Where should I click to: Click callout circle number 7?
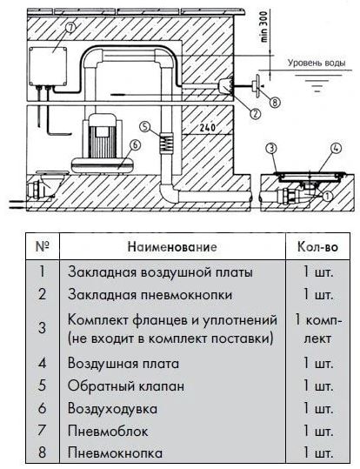(x=70, y=28)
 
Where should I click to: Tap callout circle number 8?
(x=275, y=103)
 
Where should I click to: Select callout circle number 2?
(x=255, y=113)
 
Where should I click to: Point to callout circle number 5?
(x=145, y=126)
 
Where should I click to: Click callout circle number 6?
(x=135, y=144)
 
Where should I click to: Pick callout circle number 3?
(x=272, y=149)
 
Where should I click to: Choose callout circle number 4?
(x=337, y=148)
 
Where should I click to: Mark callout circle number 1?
(x=328, y=197)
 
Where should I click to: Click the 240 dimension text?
(x=208, y=128)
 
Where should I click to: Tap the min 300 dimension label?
(x=263, y=27)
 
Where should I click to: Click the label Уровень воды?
(x=317, y=64)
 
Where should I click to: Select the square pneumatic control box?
(x=48, y=66)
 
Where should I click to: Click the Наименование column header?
(x=172, y=247)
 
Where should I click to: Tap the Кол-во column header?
(x=317, y=247)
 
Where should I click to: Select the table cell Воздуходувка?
(x=112, y=409)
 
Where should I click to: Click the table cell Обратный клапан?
(x=126, y=385)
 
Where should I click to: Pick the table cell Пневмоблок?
(x=108, y=432)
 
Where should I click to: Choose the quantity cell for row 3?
(x=318, y=329)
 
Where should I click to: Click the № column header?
(x=42, y=246)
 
